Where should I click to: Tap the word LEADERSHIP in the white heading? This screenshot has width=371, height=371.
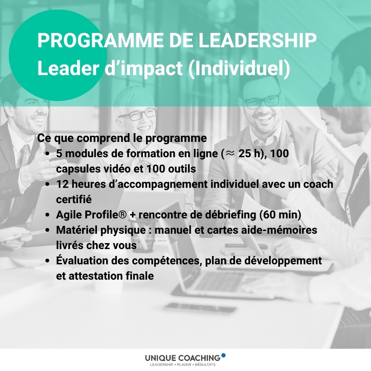(257, 40)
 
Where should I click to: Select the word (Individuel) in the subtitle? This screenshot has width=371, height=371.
(239, 69)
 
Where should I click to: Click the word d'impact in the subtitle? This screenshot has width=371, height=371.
(144, 69)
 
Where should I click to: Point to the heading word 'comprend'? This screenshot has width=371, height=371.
(109, 138)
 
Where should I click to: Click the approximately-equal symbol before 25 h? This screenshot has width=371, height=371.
(229, 154)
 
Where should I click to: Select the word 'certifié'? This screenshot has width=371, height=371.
(74, 199)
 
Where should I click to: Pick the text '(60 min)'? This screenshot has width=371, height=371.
(280, 215)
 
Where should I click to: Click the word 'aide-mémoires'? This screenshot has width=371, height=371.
(279, 230)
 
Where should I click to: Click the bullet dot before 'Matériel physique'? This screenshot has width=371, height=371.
(47, 230)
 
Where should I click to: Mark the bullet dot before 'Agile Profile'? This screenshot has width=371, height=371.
(47, 215)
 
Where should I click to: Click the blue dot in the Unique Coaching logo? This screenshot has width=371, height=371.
(224, 355)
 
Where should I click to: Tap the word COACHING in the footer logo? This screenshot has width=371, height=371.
(199, 358)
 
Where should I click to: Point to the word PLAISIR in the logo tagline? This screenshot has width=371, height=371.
(184, 365)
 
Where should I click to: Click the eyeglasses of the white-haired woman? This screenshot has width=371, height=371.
(137, 114)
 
